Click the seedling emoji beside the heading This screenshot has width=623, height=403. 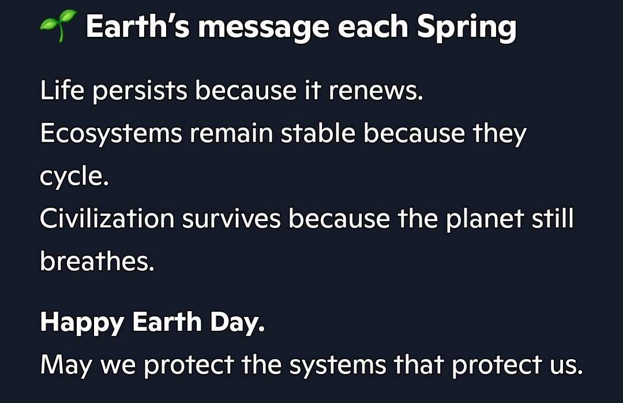(58, 27)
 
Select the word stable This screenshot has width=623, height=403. (317, 134)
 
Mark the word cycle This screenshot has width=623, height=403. (73, 177)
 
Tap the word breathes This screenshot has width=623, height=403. (96, 262)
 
